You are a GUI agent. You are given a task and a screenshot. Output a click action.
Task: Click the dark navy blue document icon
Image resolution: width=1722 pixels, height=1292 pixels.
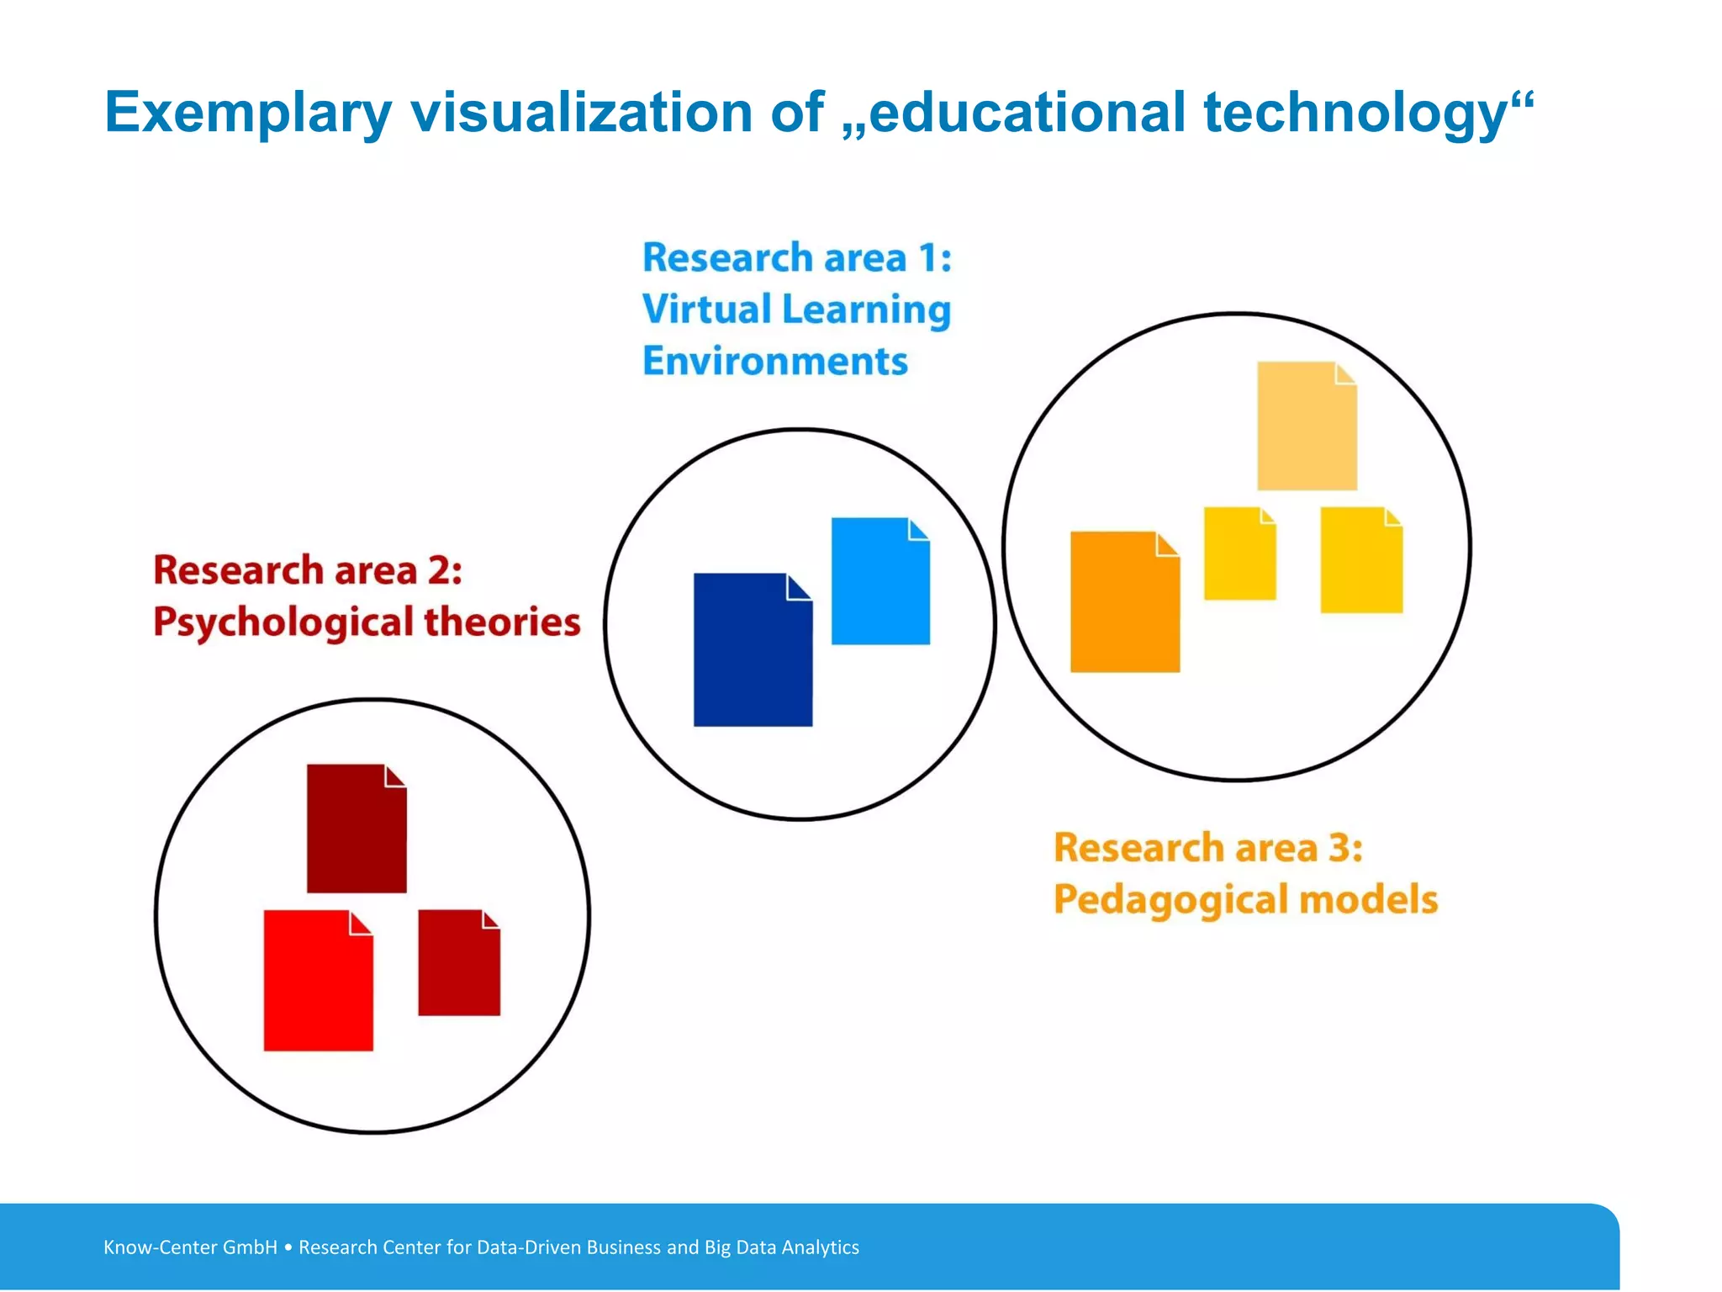(753, 650)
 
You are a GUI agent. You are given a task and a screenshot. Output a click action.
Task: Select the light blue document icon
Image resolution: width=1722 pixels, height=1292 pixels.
(880, 581)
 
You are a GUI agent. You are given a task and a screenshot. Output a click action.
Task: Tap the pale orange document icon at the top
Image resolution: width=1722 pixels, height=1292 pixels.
(1307, 426)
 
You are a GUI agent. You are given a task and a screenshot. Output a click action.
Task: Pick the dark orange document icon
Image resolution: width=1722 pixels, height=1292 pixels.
(1124, 602)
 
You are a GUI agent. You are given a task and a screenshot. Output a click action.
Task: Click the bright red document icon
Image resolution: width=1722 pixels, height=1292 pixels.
(318, 981)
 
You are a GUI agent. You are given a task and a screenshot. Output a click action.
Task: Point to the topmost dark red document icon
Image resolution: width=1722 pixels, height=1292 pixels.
(357, 829)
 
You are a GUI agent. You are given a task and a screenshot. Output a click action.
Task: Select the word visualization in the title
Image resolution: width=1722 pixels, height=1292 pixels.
(581, 113)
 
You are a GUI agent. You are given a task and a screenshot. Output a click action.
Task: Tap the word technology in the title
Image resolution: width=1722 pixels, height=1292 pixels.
(1355, 113)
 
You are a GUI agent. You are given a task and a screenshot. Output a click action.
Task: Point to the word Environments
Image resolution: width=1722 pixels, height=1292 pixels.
(775, 362)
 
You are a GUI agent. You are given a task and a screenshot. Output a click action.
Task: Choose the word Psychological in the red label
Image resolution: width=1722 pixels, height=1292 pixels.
(283, 623)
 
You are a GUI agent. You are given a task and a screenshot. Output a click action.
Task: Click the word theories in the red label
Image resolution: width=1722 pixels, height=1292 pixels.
(502, 622)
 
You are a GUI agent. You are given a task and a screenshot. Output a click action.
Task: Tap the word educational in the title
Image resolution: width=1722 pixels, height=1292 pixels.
(1027, 113)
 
